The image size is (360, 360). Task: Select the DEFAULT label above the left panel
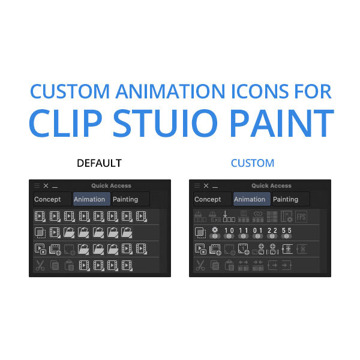coord(99,163)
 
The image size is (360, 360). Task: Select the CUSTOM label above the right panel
coord(253,163)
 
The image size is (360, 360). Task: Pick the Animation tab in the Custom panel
coord(250,199)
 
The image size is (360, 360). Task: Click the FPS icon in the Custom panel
coord(301,217)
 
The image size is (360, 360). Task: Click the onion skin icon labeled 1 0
coord(229,233)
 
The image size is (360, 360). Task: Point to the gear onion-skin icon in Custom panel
coord(215,233)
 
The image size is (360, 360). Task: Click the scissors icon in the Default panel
coord(40,265)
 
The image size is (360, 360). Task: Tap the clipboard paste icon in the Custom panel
coord(229,265)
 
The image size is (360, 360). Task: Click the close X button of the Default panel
coord(46,186)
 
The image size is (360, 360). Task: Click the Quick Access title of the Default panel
coord(111,186)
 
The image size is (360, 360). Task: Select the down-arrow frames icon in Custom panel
coord(229,217)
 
